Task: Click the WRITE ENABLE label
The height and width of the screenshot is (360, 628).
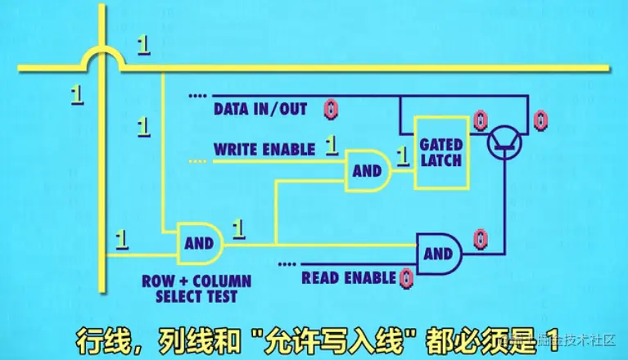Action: click(264, 150)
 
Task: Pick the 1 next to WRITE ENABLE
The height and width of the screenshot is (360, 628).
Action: click(332, 146)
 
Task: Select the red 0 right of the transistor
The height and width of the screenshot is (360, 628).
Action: click(540, 121)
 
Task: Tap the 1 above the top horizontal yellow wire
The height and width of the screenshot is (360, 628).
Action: click(143, 46)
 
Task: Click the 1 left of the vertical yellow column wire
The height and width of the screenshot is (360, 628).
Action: click(77, 94)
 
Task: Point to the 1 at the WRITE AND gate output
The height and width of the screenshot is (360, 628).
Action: click(402, 154)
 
